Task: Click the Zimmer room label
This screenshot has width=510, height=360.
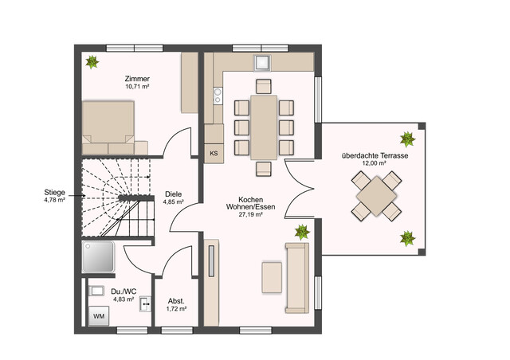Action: pyautogui.click(x=137, y=79)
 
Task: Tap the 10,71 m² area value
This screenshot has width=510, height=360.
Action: pyautogui.click(x=137, y=87)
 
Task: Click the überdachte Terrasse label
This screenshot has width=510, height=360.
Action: pyautogui.click(x=374, y=155)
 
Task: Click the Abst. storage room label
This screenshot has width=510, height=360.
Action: pyautogui.click(x=176, y=300)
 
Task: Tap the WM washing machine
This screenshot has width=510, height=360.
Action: pyautogui.click(x=99, y=316)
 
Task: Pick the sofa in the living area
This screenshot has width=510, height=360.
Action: pyautogui.click(x=296, y=278)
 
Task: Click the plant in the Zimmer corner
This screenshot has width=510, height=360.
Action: pyautogui.click(x=93, y=61)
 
